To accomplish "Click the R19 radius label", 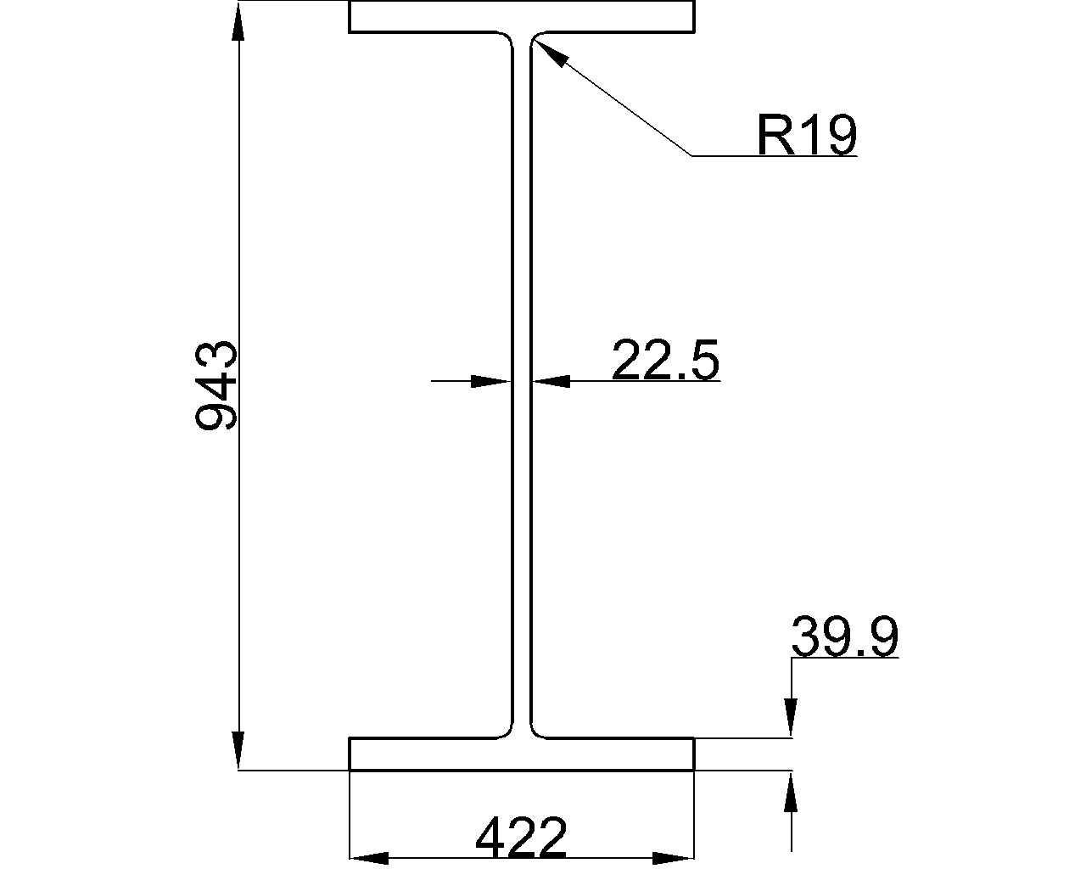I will coord(806,136).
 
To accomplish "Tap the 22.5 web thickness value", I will coord(665,360).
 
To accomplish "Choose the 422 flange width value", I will coord(521,838).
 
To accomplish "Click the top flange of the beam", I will coord(521,17).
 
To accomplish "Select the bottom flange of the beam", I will coord(521,754).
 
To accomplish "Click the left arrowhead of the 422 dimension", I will coord(370,857).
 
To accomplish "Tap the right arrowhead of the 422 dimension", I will coord(674,857).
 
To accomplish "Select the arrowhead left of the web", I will coord(492,382).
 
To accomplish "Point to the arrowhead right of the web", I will coord(551,382).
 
